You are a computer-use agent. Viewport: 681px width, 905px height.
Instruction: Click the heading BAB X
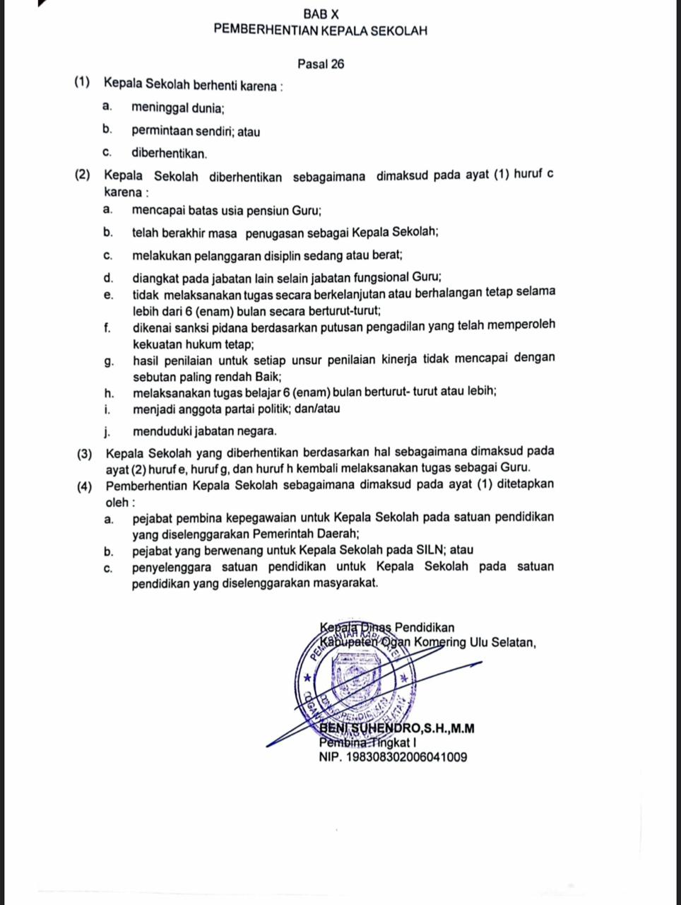(x=321, y=13)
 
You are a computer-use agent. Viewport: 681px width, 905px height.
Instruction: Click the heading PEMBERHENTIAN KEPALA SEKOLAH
(x=321, y=31)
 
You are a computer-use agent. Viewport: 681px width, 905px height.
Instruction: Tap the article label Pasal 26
(x=321, y=64)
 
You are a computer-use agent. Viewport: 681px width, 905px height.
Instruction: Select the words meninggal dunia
(x=177, y=109)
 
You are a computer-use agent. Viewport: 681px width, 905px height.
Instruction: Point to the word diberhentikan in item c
(x=168, y=153)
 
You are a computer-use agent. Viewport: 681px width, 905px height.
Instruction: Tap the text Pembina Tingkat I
(x=368, y=743)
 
